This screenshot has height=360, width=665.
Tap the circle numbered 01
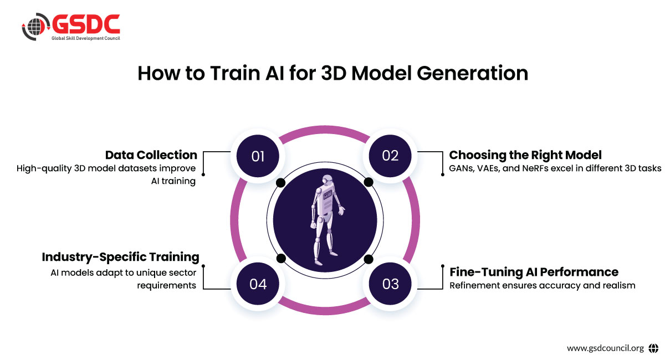258,156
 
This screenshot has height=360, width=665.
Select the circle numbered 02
390,156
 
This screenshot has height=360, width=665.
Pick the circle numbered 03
390,284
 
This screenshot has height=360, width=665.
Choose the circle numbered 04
258,284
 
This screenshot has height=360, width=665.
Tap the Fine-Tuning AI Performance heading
534,271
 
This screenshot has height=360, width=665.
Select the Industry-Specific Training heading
120,257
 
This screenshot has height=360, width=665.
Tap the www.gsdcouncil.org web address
605,348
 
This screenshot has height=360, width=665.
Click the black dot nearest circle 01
280,182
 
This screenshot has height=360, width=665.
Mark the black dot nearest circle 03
367,259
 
